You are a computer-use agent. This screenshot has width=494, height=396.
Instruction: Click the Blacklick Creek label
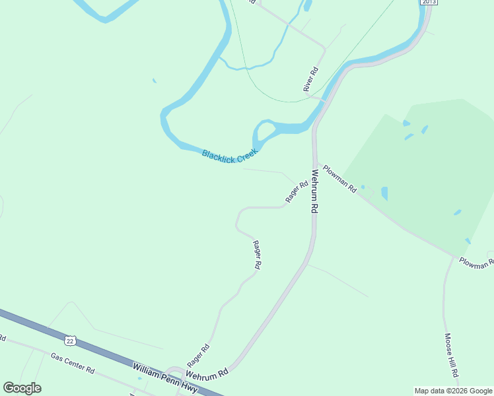(229, 156)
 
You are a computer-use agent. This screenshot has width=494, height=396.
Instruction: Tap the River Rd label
(311, 79)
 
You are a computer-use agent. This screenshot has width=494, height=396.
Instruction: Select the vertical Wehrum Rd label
(315, 191)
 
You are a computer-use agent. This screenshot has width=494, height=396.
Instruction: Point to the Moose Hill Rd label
(451, 354)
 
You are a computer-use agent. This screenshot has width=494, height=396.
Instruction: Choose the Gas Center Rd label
(73, 363)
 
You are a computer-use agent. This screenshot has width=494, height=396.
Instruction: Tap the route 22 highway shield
(70, 341)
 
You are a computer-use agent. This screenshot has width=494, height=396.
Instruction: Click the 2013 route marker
(429, 2)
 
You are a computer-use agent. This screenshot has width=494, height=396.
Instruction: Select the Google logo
(22, 388)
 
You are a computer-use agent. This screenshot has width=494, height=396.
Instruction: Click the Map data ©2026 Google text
(453, 391)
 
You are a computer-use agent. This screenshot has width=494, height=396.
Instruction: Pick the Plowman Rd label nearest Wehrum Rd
(339, 179)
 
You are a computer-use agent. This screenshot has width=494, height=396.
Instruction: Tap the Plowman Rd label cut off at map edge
(476, 262)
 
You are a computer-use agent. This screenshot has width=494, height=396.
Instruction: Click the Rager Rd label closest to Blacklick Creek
(297, 192)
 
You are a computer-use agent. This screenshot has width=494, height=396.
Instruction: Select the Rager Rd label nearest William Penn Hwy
(198, 356)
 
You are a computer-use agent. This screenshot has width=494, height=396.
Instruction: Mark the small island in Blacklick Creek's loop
(264, 129)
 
